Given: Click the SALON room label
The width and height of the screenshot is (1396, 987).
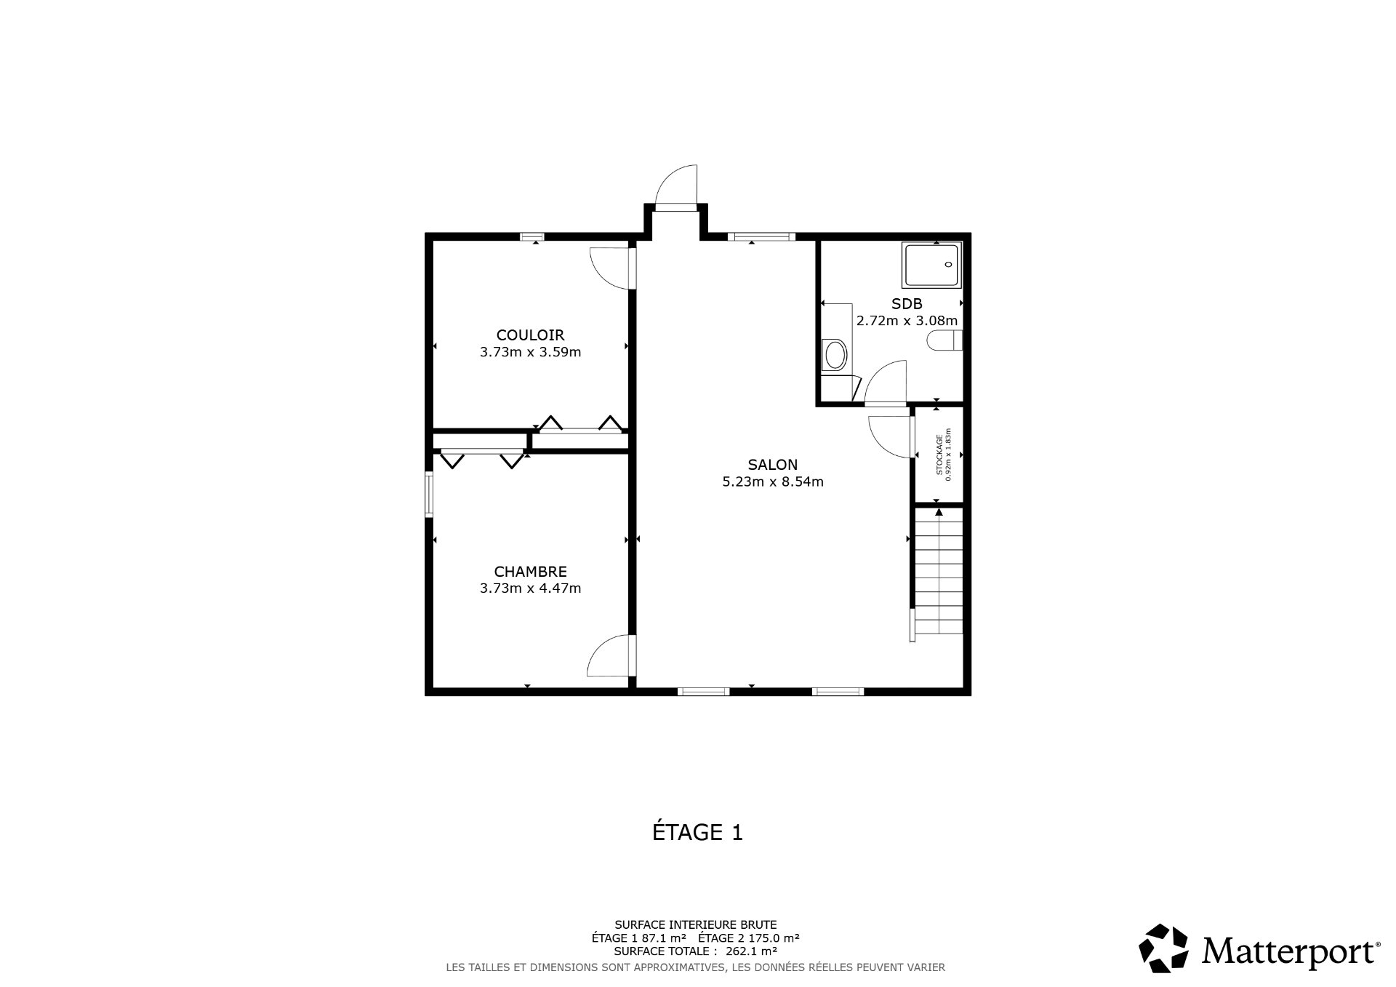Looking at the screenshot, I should pyautogui.click(x=772, y=464).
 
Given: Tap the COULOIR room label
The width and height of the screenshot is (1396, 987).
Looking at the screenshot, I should pyautogui.click(x=530, y=335).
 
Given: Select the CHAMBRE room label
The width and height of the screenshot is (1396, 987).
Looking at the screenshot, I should pyautogui.click(x=530, y=572).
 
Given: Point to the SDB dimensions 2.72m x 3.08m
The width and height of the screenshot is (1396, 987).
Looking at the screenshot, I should pyautogui.click(x=907, y=320).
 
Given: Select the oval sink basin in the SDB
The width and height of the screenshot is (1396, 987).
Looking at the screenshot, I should pyautogui.click(x=835, y=356).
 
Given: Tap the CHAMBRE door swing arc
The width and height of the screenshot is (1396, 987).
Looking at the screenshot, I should pyautogui.click(x=609, y=656).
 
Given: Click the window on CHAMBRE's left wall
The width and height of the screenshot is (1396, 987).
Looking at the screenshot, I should pyautogui.click(x=429, y=495).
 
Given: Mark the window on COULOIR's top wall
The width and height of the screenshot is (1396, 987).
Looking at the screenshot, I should pyautogui.click(x=532, y=236).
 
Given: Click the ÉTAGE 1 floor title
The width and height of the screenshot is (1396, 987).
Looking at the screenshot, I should pyautogui.click(x=697, y=832).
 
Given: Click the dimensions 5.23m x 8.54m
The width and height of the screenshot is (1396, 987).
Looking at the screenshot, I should pyautogui.click(x=772, y=481).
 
